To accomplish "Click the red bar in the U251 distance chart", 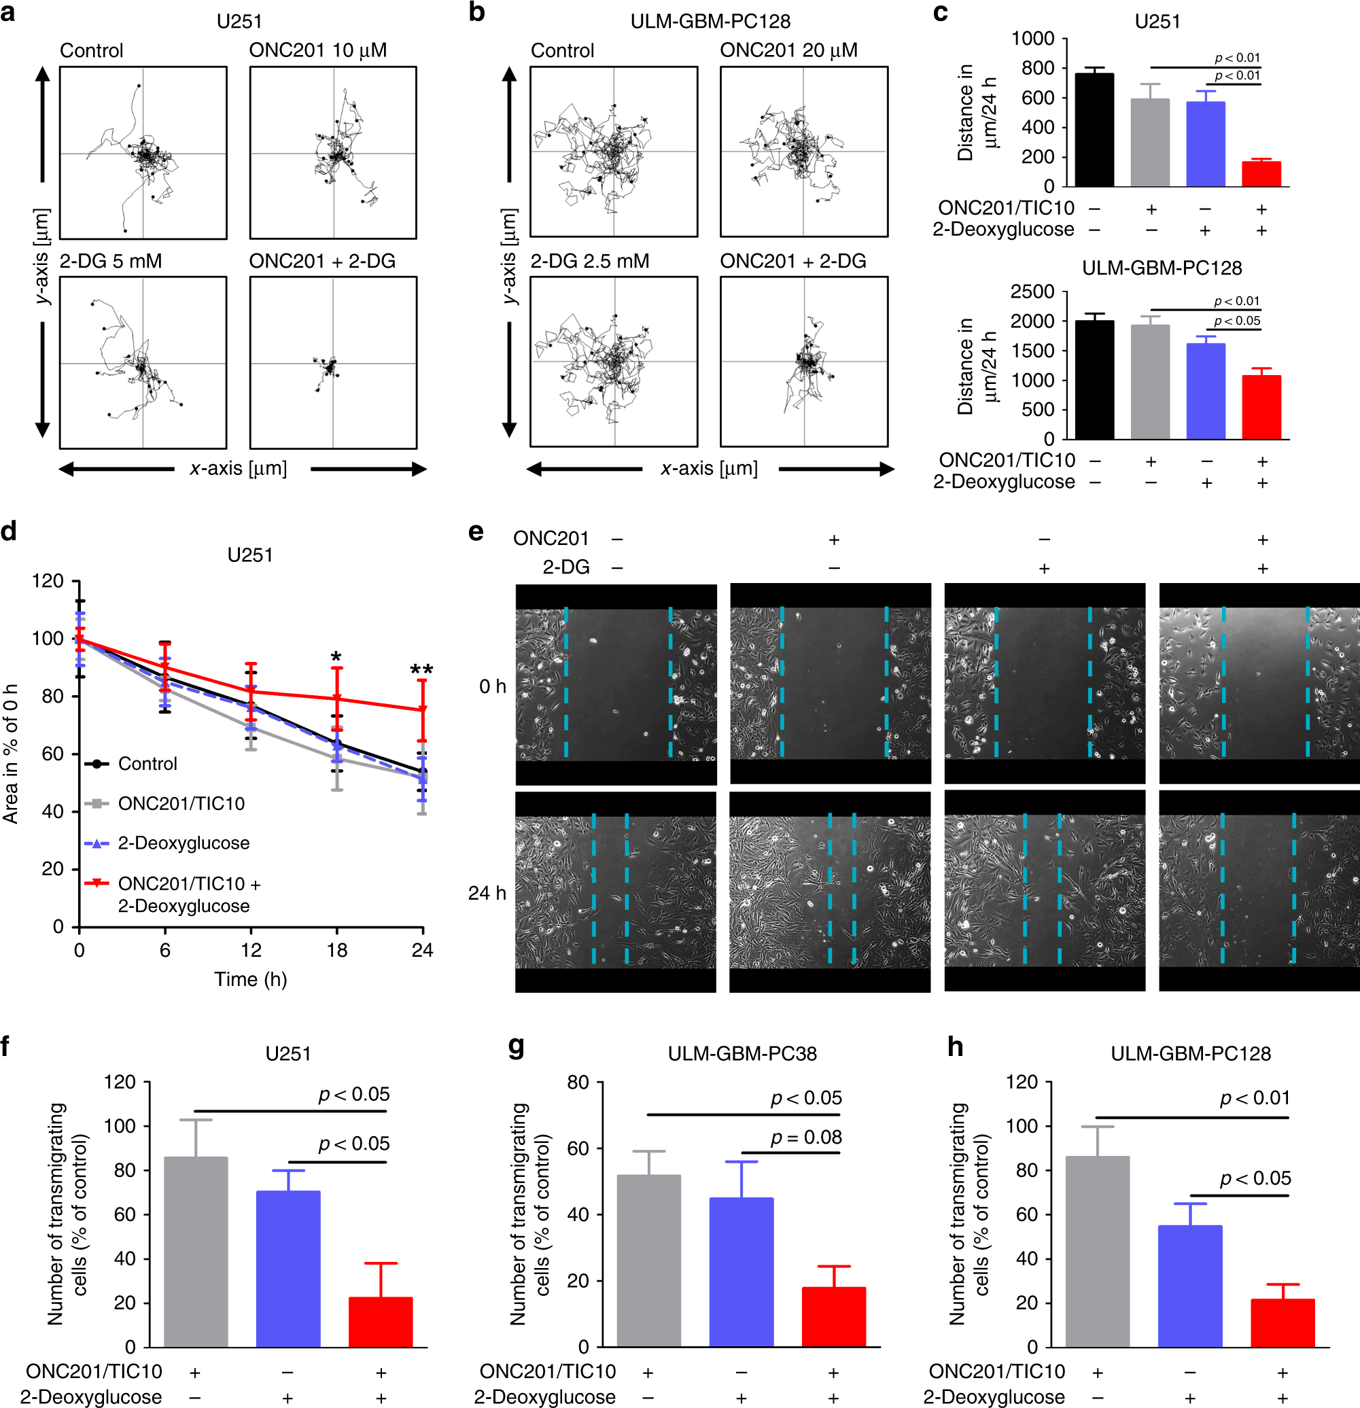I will coord(1261,174).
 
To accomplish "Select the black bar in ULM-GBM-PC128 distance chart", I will coord(1094,380).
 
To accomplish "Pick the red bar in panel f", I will coord(380,1322).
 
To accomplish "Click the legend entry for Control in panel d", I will coord(147,764).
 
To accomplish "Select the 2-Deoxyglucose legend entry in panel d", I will coord(184,843).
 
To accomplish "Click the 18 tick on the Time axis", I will coord(336,951).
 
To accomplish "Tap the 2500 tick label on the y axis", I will coord(1032,292).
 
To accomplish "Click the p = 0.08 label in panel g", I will coord(805,1137).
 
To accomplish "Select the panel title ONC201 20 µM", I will coord(789,50).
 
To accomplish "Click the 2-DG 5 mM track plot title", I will coord(111,261).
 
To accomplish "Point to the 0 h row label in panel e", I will coord(493,687).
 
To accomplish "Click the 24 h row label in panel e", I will coord(487,893).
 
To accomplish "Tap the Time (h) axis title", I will coord(250,979).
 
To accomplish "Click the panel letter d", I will coord(10,531).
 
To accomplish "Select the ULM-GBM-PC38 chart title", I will coord(742,1053).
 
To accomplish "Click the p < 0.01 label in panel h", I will coord(1255,1097).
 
